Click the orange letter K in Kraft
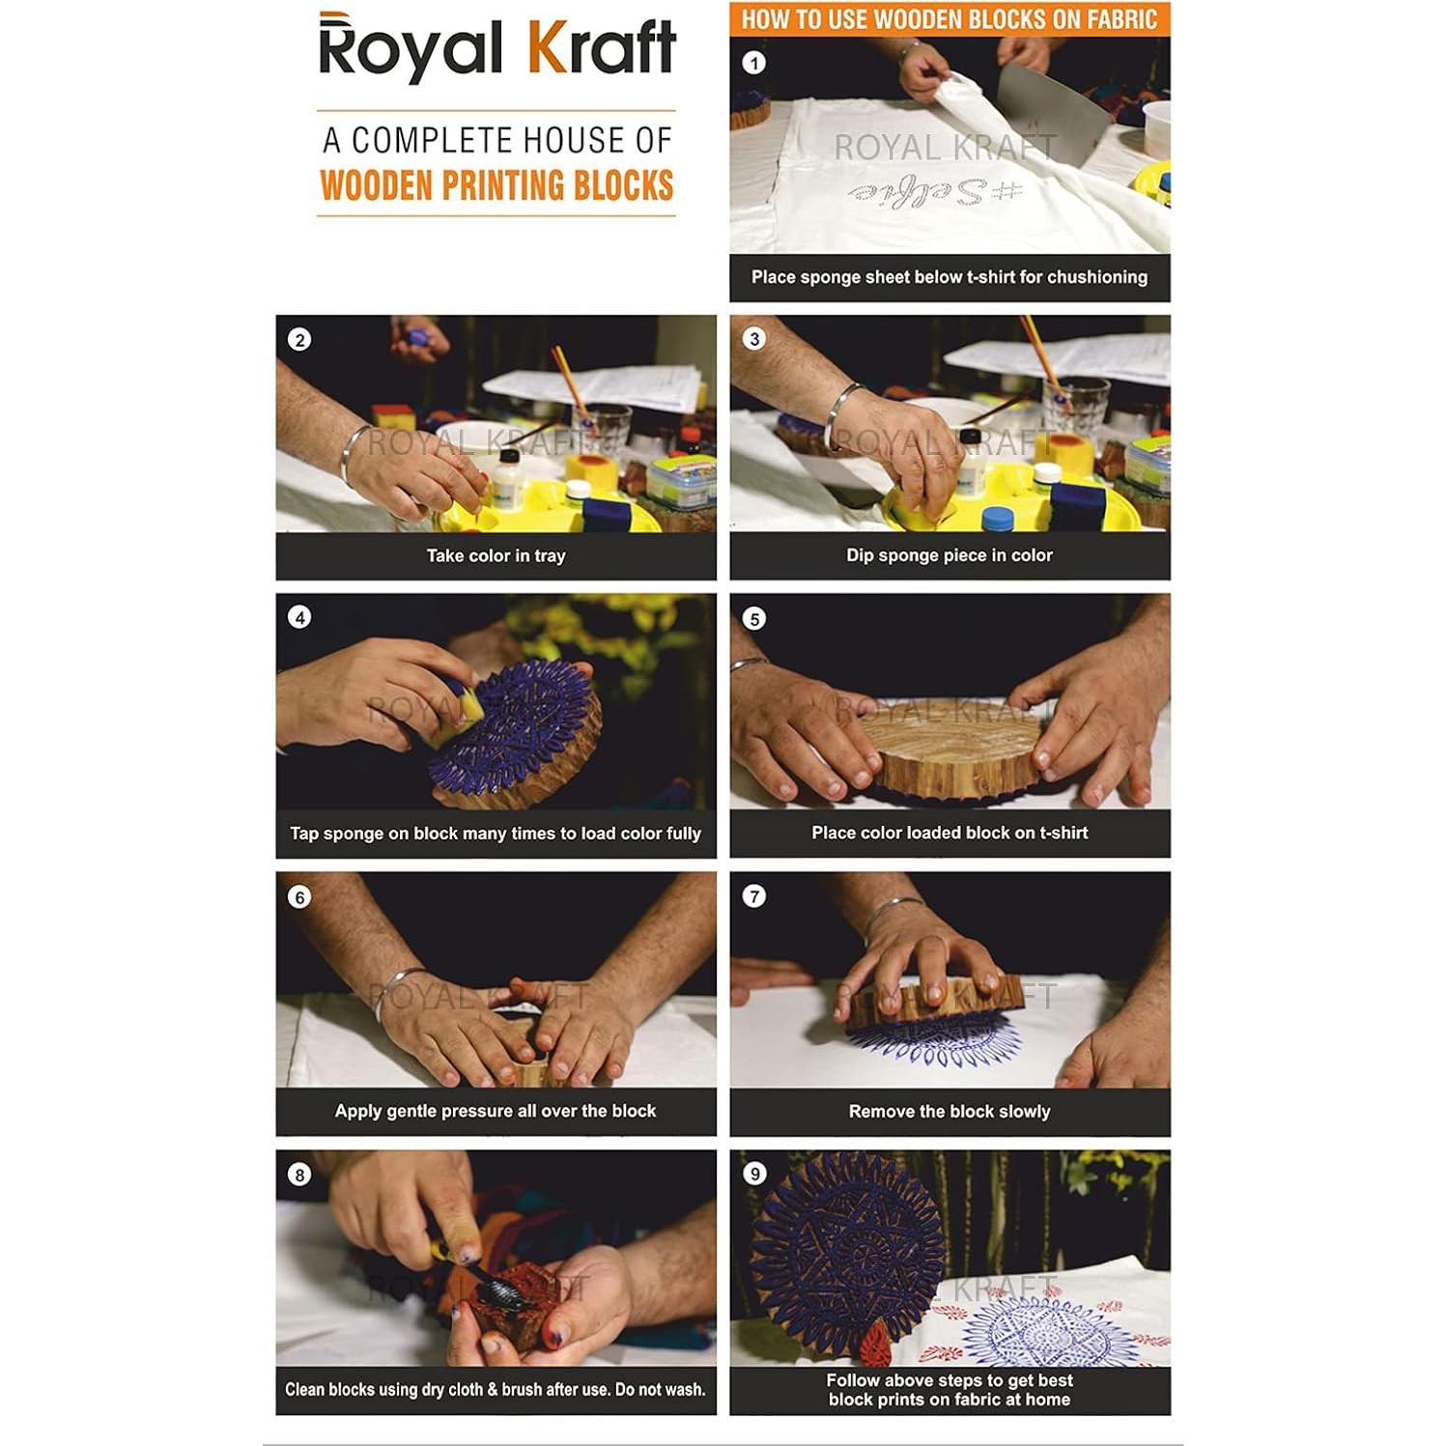coord(546,48)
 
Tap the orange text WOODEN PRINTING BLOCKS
coord(496,185)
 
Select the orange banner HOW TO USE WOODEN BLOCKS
coord(949,19)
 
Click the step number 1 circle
coord(753,63)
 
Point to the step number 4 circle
coord(299,617)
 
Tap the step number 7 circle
coord(753,896)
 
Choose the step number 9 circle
coord(753,1174)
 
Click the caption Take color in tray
coord(496,555)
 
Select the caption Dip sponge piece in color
coord(949,555)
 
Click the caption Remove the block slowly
coord(949,1112)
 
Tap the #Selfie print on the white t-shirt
coord(935,191)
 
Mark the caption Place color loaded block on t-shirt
coord(949,833)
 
